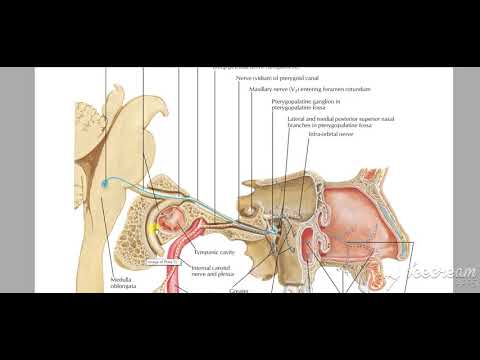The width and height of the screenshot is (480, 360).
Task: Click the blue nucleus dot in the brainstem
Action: pos(107,183)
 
